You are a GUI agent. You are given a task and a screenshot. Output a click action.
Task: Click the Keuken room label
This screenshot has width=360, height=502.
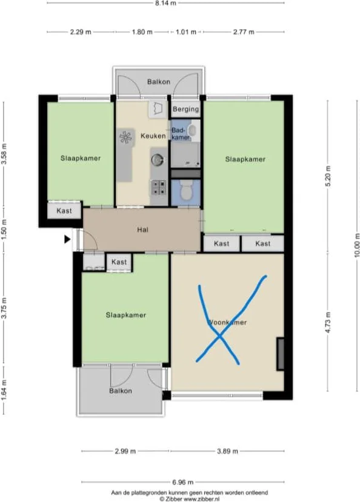tap(153, 136)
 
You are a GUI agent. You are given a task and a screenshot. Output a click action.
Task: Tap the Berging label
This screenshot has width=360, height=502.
tap(186, 109)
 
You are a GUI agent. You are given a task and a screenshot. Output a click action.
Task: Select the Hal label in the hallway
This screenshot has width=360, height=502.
tap(142, 230)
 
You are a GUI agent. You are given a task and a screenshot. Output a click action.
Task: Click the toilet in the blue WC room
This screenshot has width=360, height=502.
tap(186, 189)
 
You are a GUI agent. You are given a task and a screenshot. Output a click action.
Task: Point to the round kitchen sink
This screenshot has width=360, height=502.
tap(157, 159)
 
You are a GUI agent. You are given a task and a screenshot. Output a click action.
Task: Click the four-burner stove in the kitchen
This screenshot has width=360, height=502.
tap(159, 188)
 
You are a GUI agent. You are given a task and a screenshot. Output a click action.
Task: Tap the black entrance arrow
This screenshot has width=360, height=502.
tap(67, 239)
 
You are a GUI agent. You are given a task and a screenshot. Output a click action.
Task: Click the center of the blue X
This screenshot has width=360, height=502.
tap(219, 336)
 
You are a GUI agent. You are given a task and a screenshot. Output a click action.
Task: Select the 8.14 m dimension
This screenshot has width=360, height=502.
tap(165, 3)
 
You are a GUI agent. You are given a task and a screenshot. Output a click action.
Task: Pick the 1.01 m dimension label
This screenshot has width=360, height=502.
tap(186, 32)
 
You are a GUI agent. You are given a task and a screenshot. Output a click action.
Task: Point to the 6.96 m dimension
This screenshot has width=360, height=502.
tap(182, 482)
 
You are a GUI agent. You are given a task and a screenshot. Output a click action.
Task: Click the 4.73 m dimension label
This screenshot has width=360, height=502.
tap(328, 322)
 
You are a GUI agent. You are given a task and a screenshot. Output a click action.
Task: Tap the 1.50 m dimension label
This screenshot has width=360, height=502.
tap(4, 230)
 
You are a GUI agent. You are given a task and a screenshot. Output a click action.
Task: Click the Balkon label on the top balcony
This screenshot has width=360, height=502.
tap(159, 82)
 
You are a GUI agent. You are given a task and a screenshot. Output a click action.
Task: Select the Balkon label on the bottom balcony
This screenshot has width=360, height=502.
tap(121, 391)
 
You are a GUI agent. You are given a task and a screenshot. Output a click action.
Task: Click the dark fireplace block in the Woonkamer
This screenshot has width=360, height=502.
tap(280, 354)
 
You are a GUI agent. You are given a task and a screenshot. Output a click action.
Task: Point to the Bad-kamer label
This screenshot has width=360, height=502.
tap(180, 133)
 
